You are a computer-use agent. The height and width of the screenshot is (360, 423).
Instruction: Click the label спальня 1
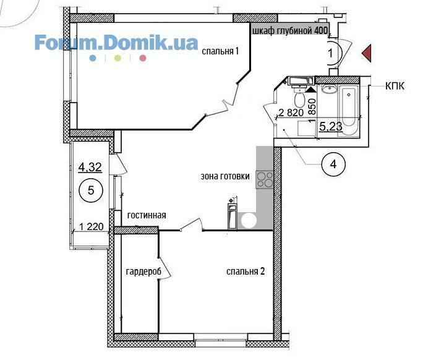pyautogui.click(x=220, y=51)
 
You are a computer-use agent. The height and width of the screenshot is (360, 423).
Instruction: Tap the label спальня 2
pyautogui.click(x=246, y=271)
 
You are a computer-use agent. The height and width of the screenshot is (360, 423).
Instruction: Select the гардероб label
pyautogui.click(x=143, y=272)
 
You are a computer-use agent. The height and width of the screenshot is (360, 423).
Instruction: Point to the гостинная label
pyautogui.click(x=147, y=215)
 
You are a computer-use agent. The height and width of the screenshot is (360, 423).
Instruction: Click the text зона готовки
pyautogui.click(x=225, y=176)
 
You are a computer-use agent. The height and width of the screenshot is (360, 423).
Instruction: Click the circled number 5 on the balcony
pyautogui.click(x=91, y=191)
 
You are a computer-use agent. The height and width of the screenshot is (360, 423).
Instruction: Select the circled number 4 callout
pyautogui.click(x=333, y=164)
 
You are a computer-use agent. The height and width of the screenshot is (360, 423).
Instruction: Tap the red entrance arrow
pyautogui.click(x=367, y=53)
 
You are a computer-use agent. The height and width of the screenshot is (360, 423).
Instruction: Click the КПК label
pyautogui.click(x=395, y=86)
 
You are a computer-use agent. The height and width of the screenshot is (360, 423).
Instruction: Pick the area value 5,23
pyautogui.click(x=331, y=126)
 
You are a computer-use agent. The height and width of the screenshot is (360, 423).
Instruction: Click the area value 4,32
pyautogui.click(x=90, y=167)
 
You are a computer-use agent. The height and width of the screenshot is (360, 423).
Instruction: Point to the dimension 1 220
pyautogui.click(x=91, y=226)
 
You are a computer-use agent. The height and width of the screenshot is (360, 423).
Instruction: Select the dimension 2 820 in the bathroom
pyautogui.click(x=291, y=113)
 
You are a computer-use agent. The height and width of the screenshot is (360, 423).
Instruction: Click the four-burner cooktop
pyautogui.click(x=265, y=179)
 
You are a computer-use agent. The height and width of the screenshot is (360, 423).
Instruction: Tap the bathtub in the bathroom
pyautogui.click(x=349, y=110)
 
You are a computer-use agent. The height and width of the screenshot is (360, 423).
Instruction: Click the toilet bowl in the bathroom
pyautogui.click(x=299, y=98)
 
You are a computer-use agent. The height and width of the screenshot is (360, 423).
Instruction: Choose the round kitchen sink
pyautogui.click(x=249, y=220)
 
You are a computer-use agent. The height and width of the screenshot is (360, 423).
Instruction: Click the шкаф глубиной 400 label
pyautogui.click(x=290, y=30)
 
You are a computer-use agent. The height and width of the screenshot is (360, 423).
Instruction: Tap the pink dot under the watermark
pyautogui.click(x=143, y=58)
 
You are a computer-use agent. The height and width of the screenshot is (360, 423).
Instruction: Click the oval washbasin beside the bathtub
pyautogui.click(x=329, y=89)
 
